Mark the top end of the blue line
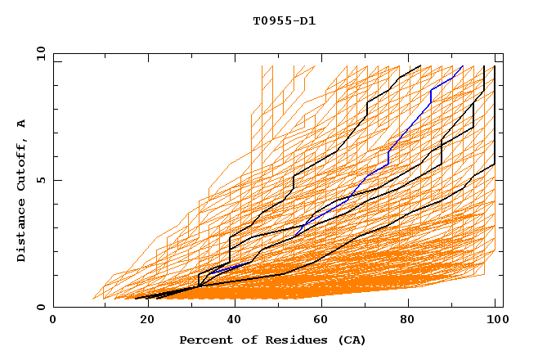point(463,66)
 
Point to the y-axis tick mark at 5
point(56,181)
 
